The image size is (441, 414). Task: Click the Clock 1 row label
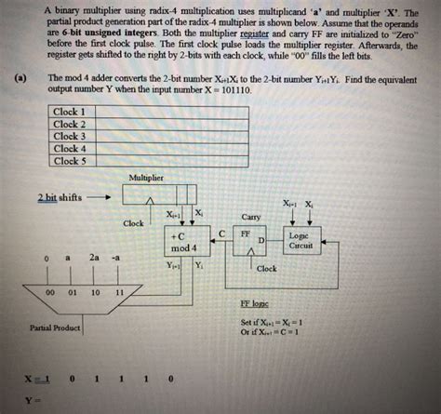[x=71, y=112]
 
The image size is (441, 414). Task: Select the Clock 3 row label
[x=71, y=137]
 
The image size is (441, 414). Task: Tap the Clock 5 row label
[x=71, y=161]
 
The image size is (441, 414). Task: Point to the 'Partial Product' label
[x=55, y=327]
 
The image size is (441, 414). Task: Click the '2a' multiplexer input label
[x=94, y=256]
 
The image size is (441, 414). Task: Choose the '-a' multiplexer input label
[x=115, y=256]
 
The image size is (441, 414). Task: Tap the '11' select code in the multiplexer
[x=119, y=291]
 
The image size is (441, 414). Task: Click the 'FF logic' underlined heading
[x=255, y=303]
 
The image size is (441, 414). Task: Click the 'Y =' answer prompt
[x=32, y=401]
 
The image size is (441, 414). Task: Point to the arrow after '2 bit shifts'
[x=101, y=197]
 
